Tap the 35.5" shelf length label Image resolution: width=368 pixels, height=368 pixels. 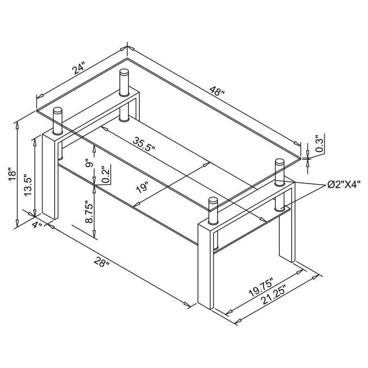(x=145, y=143)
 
